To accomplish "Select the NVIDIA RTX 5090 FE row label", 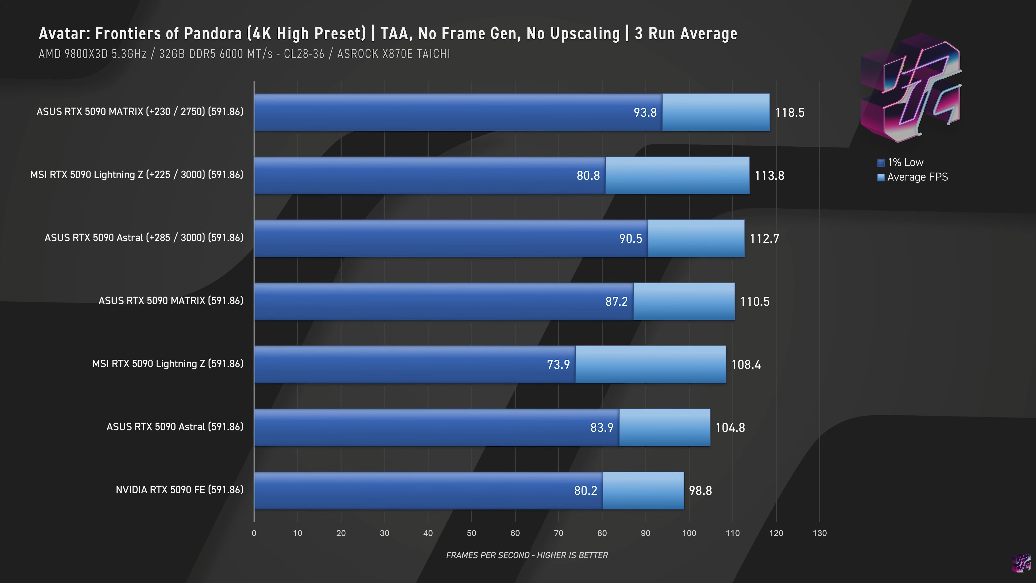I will [179, 490].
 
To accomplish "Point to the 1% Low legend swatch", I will [881, 163].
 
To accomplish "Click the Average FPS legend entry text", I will [917, 177].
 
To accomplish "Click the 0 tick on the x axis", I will [254, 533].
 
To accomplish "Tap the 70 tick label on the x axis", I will [558, 533].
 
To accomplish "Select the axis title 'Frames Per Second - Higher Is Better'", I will [527, 555].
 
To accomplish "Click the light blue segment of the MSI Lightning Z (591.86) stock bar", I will [650, 364].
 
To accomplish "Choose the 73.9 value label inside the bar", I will [558, 364].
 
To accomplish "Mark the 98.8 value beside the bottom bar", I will [700, 491].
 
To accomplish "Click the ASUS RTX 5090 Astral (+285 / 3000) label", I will [144, 238].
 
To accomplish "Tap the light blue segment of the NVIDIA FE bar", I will [643, 491].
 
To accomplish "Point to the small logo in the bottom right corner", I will [1021, 563].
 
